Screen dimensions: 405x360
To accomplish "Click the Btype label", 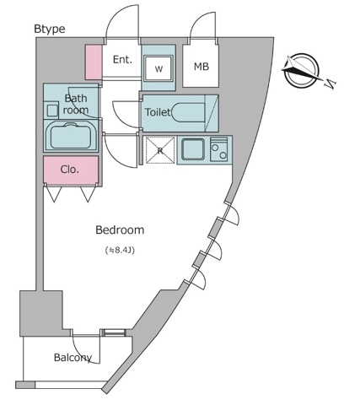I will (x=49, y=29).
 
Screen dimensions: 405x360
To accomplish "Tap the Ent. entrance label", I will (x=122, y=60).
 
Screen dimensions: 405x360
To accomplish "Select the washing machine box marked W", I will (x=159, y=68).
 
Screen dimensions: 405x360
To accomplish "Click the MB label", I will (x=202, y=67).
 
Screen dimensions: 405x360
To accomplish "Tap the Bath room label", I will (x=76, y=105).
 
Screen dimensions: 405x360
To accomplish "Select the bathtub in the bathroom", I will (x=70, y=137).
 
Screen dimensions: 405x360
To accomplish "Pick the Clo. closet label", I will (x=70, y=170).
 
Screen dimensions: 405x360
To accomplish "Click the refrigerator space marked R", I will (x=160, y=151).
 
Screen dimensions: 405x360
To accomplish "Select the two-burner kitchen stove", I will (x=219, y=151).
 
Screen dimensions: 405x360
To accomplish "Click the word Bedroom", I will (x=119, y=229).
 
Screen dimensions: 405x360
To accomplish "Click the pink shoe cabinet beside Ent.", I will (x=93, y=62).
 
